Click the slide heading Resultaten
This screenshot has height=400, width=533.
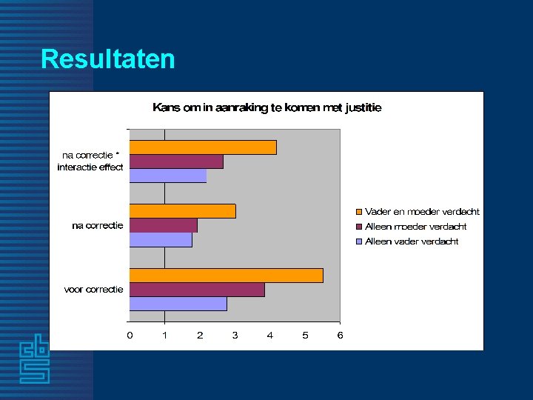coord(108,59)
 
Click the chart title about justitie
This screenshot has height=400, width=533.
coord(266,107)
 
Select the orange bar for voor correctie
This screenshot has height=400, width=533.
coord(226,276)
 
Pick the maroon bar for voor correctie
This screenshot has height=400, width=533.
coord(197,290)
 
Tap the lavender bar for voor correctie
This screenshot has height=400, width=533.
coord(178,304)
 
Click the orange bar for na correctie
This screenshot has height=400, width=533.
coord(182,211)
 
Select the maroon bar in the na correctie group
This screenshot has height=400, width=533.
coord(163,225)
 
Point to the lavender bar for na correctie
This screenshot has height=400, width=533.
coord(161,240)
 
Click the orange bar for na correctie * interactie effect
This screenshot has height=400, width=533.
coord(203,147)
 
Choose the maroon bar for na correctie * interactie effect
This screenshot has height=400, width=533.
coord(176,161)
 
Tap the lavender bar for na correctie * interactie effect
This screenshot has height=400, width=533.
coord(168,176)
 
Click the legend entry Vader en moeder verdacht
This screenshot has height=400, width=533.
coord(422,212)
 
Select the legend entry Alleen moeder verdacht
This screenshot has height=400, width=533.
coord(415,227)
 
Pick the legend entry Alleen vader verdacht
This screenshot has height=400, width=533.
coord(412,241)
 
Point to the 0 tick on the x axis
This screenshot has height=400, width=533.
coord(130,336)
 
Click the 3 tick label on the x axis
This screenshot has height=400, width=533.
coord(235,336)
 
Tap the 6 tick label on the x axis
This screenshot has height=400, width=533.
coord(340,336)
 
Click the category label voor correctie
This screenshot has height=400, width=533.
coord(94,290)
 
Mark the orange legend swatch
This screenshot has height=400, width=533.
coord(360,212)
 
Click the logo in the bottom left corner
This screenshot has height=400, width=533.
coord(35,362)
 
